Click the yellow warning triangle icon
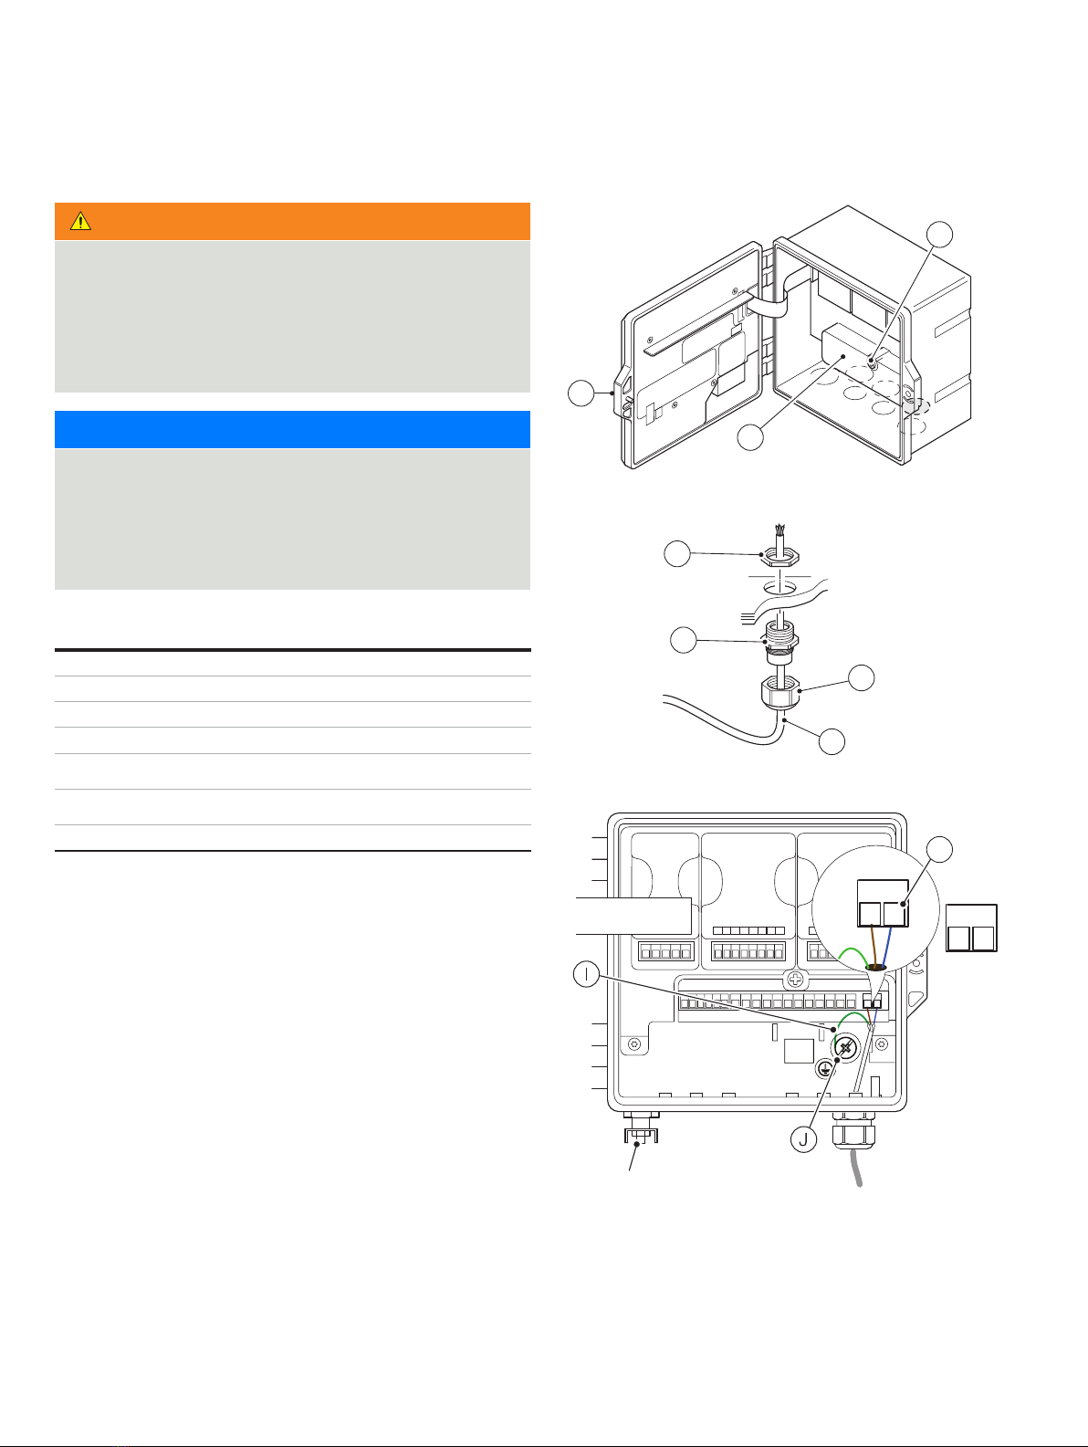(80, 221)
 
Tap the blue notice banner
(292, 429)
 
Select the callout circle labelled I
(586, 974)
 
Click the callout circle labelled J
(803, 1139)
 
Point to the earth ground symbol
(824, 1069)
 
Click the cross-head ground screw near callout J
(846, 1047)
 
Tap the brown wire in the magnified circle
(874, 947)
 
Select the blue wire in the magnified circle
(887, 947)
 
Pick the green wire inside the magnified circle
(853, 955)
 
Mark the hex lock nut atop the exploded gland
(779, 559)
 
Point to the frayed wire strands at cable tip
(780, 530)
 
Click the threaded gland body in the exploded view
(779, 642)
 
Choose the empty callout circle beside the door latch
(581, 393)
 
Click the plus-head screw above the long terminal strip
(795, 979)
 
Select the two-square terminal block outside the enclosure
(971, 928)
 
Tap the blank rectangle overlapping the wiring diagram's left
(633, 916)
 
